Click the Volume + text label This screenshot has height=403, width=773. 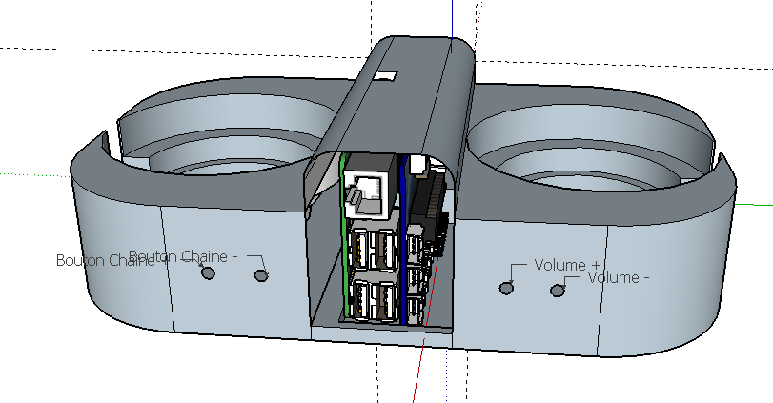click(x=568, y=264)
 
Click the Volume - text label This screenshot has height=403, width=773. click(x=619, y=277)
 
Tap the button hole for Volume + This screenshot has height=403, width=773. click(x=507, y=286)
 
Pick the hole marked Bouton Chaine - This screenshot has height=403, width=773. click(x=261, y=275)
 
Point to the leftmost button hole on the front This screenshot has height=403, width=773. click(x=209, y=272)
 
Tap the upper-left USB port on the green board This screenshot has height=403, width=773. click(x=359, y=250)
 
